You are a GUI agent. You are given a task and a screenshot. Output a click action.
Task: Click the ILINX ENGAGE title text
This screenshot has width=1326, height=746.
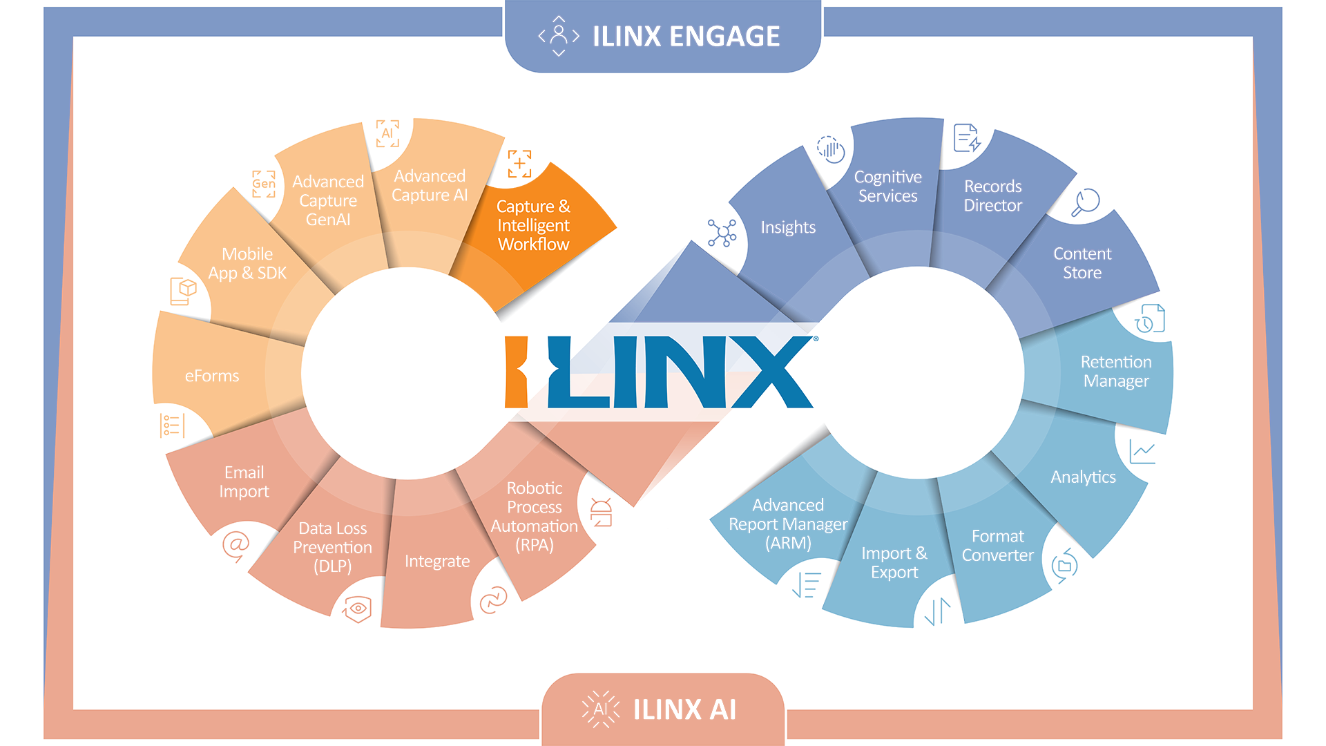coord(686,36)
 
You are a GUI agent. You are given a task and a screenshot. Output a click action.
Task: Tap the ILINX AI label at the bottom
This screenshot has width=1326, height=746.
coord(684,709)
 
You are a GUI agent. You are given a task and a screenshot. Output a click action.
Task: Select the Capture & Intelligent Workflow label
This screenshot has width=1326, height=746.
coord(533,225)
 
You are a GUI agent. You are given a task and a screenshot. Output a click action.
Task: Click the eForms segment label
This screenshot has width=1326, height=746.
coord(212,376)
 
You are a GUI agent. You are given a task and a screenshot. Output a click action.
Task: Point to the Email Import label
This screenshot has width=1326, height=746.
coord(244,481)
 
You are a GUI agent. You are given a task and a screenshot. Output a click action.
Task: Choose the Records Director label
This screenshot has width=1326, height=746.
coord(992,195)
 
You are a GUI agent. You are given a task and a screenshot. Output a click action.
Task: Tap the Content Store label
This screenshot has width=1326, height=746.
coord(1082,263)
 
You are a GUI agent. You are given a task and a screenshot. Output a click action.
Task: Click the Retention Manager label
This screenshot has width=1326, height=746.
coord(1116,372)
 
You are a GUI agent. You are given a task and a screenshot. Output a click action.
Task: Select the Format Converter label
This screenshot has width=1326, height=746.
coord(997,546)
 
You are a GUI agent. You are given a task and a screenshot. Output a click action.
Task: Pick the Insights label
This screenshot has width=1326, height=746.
coord(788,227)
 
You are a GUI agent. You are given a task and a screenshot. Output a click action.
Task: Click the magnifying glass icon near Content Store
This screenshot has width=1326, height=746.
coord(1085,202)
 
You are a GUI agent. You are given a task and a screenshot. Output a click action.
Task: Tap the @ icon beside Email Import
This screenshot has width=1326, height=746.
coord(236,545)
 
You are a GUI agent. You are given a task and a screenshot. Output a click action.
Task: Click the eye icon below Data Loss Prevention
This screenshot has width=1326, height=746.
coord(357,609)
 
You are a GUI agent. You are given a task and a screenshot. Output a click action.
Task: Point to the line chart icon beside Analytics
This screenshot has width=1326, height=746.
coord(1142,452)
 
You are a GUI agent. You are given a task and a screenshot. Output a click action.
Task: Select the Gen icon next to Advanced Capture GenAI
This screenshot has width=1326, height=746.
coord(263,184)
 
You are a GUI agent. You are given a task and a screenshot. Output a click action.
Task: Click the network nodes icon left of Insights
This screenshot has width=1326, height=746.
coord(722,233)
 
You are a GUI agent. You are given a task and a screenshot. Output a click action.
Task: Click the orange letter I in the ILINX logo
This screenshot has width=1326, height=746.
coord(516,372)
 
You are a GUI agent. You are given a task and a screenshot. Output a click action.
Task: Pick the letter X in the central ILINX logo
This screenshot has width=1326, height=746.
coord(771,372)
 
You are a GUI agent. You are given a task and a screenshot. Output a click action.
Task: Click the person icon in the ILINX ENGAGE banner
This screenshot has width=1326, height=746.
coord(559,36)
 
